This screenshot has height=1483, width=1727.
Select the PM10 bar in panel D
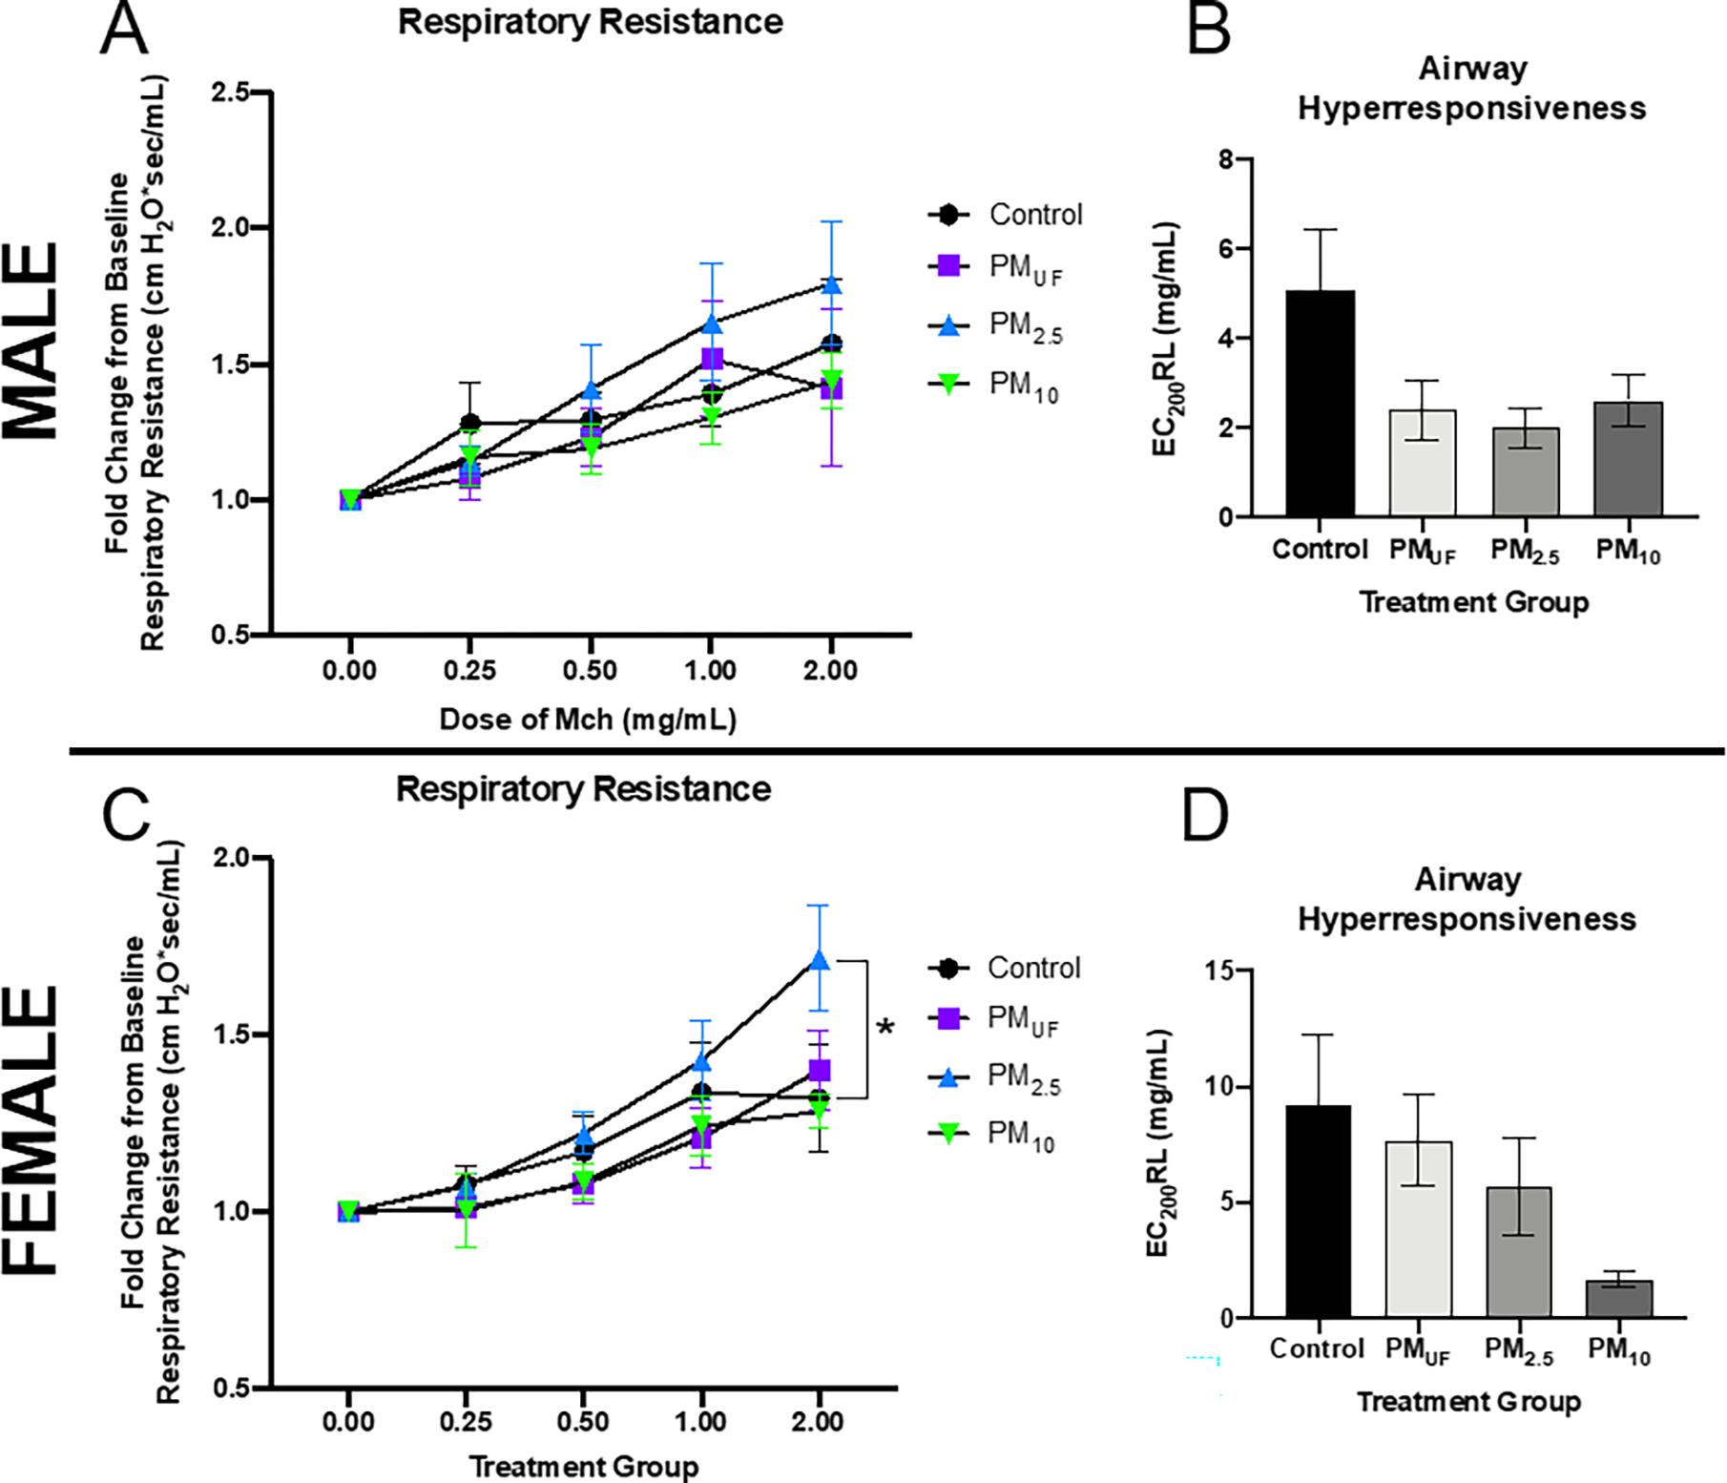(1619, 1299)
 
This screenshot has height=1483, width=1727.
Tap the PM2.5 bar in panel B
(1525, 472)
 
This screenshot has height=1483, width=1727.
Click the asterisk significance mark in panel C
(886, 1029)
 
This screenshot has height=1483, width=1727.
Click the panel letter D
(1205, 816)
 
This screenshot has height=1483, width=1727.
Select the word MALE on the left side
(33, 341)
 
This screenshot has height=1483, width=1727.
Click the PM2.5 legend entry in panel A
(997, 326)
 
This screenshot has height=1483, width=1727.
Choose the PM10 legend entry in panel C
(995, 1135)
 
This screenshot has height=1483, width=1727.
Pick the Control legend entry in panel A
(1007, 215)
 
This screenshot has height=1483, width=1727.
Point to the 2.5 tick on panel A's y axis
(230, 93)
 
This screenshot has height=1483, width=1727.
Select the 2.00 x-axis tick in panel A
(830, 671)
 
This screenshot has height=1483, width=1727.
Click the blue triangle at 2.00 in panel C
(819, 961)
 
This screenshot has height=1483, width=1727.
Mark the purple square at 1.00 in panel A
(712, 359)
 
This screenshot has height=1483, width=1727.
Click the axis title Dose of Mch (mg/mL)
(588, 720)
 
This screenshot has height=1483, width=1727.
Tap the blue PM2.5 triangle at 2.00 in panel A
(831, 284)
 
